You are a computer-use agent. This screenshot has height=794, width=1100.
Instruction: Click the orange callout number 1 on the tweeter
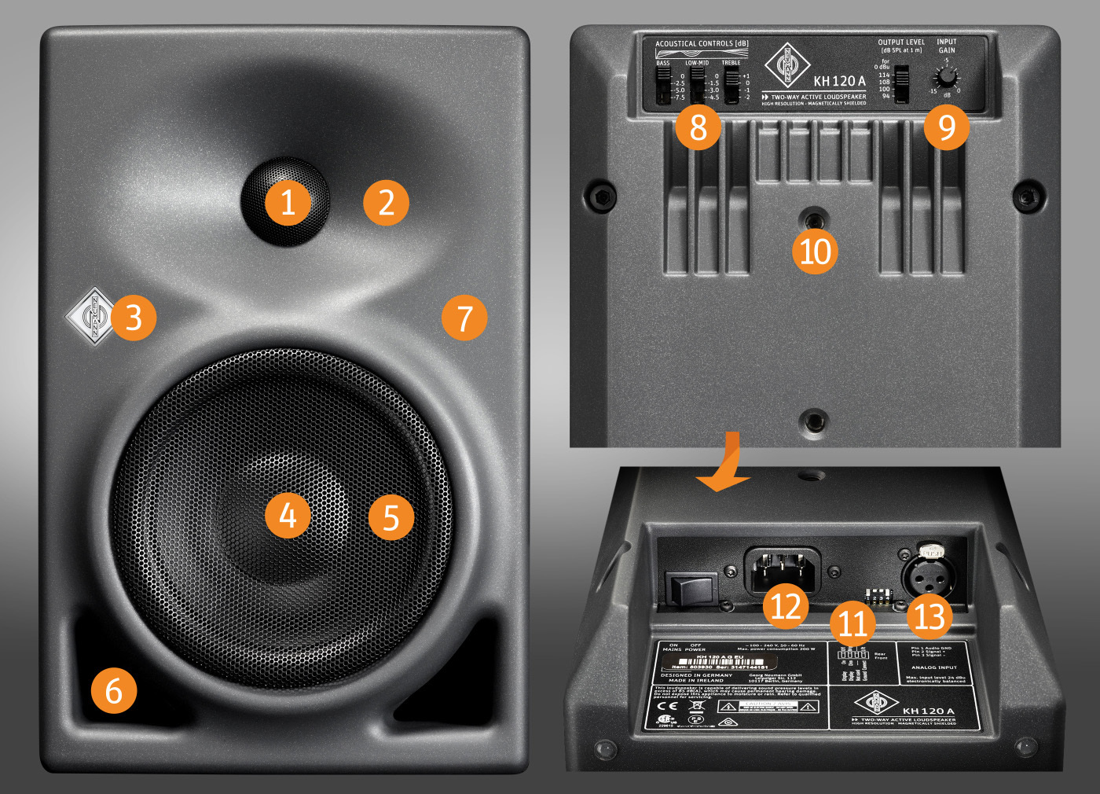pyautogui.click(x=288, y=202)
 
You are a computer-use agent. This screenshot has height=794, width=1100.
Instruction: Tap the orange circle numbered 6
pyautogui.click(x=114, y=690)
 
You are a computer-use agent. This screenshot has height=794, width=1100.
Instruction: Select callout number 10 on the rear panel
pyautogui.click(x=815, y=252)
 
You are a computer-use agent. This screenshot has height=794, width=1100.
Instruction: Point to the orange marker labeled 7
pyautogui.click(x=464, y=318)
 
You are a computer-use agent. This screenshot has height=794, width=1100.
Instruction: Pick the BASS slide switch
pyautogui.click(x=664, y=85)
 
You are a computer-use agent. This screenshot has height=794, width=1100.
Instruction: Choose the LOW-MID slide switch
pyautogui.click(x=697, y=85)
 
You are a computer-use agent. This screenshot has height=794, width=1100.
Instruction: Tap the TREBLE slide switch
pyautogui.click(x=732, y=85)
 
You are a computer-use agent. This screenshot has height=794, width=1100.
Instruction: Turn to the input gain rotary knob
pyautogui.click(x=947, y=78)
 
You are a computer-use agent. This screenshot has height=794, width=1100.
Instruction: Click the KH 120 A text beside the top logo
pyautogui.click(x=839, y=81)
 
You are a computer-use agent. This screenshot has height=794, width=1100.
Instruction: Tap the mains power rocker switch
pyautogui.click(x=691, y=588)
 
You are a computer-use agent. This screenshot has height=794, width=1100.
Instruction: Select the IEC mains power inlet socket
pyautogui.click(x=782, y=568)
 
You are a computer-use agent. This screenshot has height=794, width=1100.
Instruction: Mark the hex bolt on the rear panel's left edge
pyautogui.click(x=603, y=195)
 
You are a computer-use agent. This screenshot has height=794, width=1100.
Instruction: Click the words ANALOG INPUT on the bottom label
pyautogui.click(x=934, y=667)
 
